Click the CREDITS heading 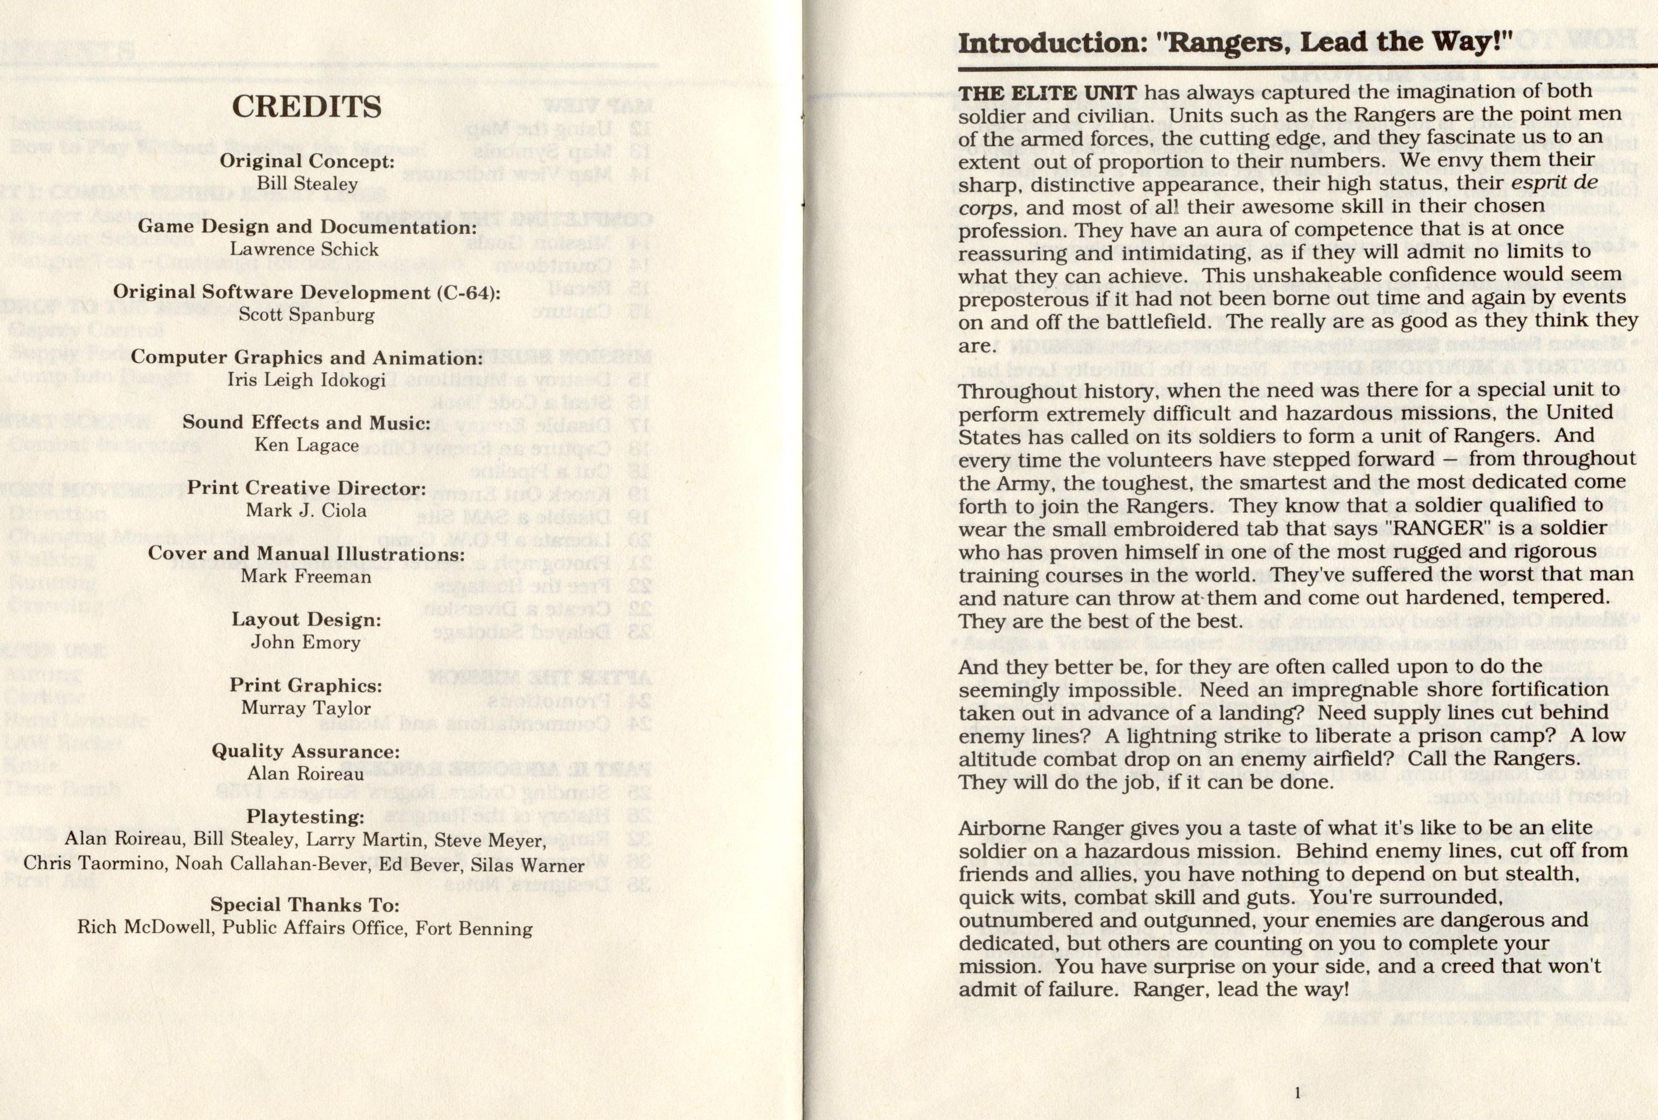[x=307, y=107]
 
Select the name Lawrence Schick [x=305, y=249]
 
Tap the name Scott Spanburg [x=307, y=315]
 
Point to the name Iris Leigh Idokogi [x=307, y=380]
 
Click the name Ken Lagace [x=307, y=445]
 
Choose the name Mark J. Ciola [x=307, y=510]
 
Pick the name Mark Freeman [x=306, y=576]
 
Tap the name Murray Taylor [x=306, y=707]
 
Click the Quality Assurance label [x=305, y=751]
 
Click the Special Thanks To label [x=305, y=905]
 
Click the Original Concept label [x=307, y=161]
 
